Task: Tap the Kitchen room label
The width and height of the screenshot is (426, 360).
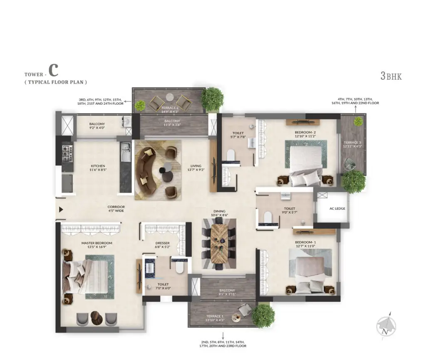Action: pyautogui.click(x=98, y=166)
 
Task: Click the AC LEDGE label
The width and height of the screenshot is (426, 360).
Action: pyautogui.click(x=337, y=209)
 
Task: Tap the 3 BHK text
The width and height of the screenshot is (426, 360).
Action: pyautogui.click(x=391, y=76)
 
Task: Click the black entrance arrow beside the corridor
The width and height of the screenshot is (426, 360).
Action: pyautogui.click(x=61, y=210)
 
